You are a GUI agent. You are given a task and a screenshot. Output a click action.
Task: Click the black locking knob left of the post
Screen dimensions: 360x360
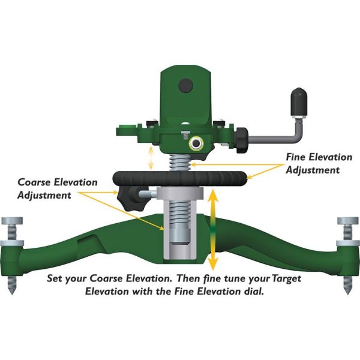tap(128, 197)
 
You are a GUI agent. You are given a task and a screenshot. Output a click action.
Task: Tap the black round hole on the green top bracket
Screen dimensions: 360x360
tap(185, 86)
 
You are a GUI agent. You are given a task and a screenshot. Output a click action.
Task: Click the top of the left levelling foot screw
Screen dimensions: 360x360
tap(11, 221)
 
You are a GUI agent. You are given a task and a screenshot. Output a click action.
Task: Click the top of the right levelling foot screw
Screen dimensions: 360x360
tap(347, 221)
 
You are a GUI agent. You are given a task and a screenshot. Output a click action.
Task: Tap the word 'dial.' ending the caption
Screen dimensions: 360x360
tap(264, 293)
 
